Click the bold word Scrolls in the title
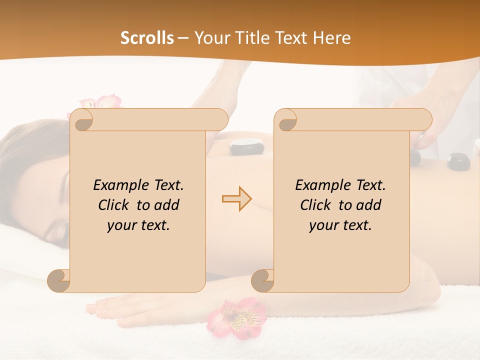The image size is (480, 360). click(x=147, y=38)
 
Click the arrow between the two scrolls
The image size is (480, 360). click(x=236, y=198)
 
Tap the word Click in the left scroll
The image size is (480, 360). click(x=114, y=205)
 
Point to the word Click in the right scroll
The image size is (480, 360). click(x=316, y=205)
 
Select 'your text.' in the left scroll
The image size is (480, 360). click(x=138, y=225)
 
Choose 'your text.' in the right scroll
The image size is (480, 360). click(x=340, y=225)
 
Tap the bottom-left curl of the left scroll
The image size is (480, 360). click(x=59, y=280)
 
